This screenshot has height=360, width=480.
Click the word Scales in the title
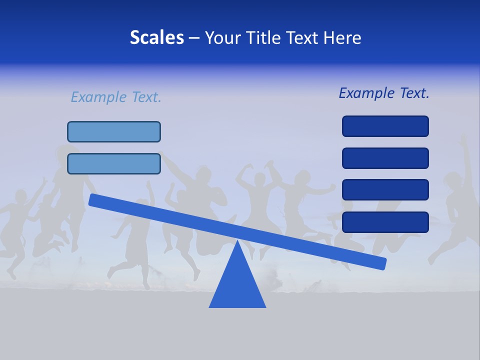point(156,38)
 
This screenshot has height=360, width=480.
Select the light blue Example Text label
point(116,97)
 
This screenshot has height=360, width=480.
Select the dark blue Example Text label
point(384,93)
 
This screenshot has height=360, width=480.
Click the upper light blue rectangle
point(114,131)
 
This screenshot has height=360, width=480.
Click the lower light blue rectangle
point(114,163)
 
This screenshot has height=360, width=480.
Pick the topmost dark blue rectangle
point(385,126)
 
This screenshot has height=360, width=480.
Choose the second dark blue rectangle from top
point(385,158)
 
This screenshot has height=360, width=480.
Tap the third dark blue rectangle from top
point(385,190)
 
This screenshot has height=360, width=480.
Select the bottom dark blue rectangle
point(385,222)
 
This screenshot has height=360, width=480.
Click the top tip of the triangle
point(237,242)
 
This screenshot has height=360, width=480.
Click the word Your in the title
point(223,38)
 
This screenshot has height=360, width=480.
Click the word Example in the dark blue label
point(366,93)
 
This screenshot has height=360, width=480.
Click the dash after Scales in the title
point(194,38)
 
